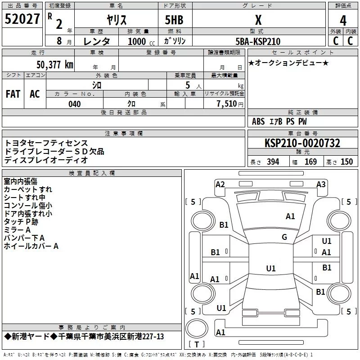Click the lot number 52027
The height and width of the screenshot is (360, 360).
pyautogui.click(x=22, y=20)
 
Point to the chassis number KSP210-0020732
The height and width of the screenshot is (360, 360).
pyautogui.click(x=302, y=143)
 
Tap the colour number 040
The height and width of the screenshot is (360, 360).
pyautogui.click(x=74, y=104)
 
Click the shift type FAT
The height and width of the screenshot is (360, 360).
pyautogui.click(x=13, y=94)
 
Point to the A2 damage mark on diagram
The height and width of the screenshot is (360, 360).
pyautogui.click(x=220, y=184)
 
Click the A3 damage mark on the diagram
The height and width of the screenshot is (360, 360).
pyautogui.click(x=321, y=184)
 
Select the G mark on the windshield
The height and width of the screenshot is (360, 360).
pyautogui.click(x=284, y=237)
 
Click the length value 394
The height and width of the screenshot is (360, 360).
pyautogui.click(x=273, y=162)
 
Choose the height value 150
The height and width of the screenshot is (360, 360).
pyautogui.click(x=346, y=162)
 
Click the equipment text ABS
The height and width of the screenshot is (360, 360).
pyautogui.click(x=258, y=121)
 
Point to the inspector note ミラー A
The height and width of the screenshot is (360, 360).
pyautogui.click(x=17, y=229)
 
